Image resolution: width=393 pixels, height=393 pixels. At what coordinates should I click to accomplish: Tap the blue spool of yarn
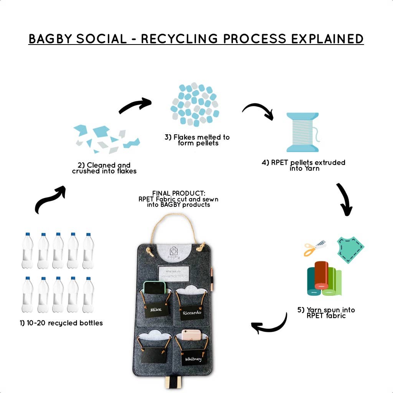point(302,132)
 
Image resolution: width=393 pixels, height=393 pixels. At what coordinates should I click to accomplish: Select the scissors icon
point(314,248)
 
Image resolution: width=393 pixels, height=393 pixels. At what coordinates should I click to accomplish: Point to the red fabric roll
point(321,275)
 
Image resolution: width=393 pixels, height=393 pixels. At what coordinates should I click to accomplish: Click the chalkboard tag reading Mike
point(156,309)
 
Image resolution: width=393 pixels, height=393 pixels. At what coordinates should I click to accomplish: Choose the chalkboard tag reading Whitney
point(193,359)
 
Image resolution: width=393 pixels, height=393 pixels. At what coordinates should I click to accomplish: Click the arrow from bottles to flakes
point(50,200)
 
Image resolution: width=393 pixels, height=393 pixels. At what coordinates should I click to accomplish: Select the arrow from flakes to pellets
point(135,105)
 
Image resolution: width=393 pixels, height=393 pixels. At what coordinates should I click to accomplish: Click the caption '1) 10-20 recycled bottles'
point(61,323)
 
